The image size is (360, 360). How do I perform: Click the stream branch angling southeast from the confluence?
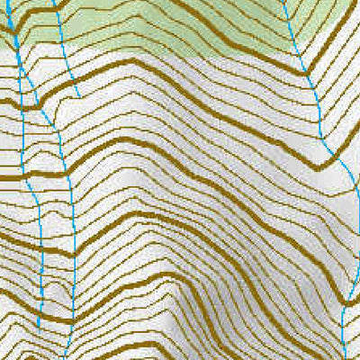[x=49, y=126]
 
